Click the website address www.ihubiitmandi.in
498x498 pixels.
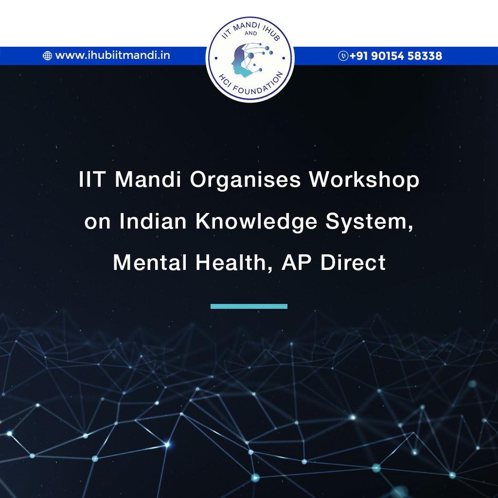[112, 55]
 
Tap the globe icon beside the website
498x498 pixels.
[47, 56]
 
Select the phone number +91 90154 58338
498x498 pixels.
[395, 56]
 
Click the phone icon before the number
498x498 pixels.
[343, 56]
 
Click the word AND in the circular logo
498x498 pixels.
[250, 34]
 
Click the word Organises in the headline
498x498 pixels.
[245, 180]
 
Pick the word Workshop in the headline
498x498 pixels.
[364, 179]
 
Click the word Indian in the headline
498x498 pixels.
[153, 221]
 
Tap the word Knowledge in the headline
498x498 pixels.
[256, 222]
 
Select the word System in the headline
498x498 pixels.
[370, 222]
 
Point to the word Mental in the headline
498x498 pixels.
[150, 263]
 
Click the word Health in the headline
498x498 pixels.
[234, 263]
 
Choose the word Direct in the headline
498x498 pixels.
[353, 263]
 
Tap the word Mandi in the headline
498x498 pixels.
[148, 179]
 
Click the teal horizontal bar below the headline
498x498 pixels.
[249, 306]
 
